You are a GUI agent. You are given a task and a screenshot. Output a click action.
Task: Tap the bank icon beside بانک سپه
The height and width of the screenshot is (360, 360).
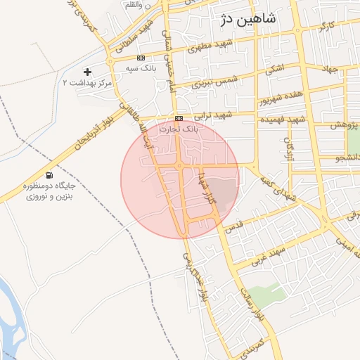141,58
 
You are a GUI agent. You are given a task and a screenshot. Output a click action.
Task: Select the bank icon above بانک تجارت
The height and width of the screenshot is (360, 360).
179,118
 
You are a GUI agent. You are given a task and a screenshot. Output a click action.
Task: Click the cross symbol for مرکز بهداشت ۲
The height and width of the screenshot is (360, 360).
87,72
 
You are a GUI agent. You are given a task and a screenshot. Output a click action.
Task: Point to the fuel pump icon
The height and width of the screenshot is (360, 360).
49,175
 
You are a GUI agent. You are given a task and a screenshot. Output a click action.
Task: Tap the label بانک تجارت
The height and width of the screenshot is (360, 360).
179,129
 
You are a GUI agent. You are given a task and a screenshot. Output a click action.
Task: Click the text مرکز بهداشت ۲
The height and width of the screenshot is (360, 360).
88,84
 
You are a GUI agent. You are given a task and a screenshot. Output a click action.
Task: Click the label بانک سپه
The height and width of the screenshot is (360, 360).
141,68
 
